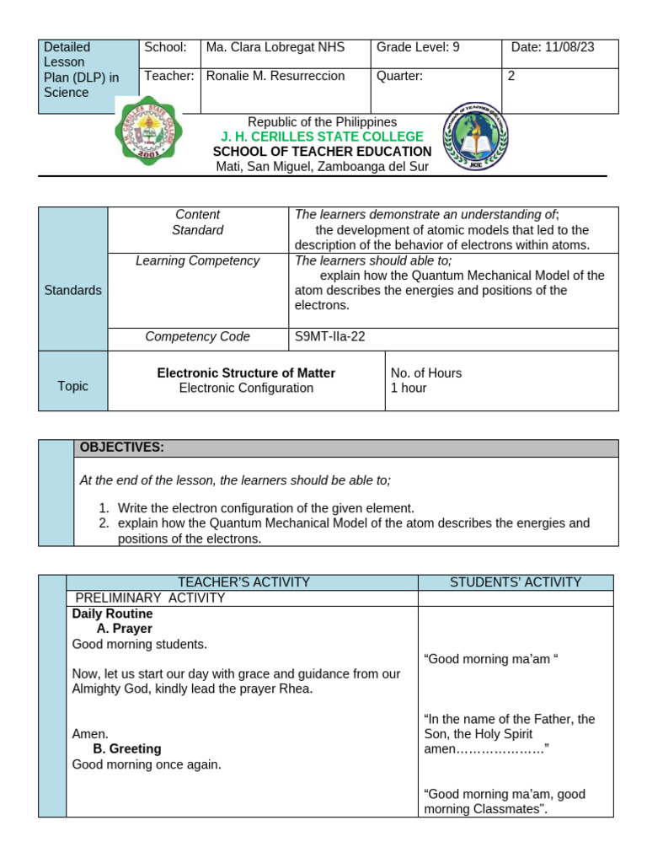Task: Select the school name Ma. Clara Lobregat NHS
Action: pyautogui.click(x=275, y=48)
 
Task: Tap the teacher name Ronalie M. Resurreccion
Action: pyautogui.click(x=275, y=77)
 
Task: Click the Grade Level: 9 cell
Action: pyautogui.click(x=418, y=48)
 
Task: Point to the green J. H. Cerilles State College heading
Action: pyautogui.click(x=322, y=137)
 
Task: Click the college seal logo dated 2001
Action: pyautogui.click(x=147, y=131)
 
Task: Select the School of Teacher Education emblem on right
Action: pyautogui.click(x=476, y=136)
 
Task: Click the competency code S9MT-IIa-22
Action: pyautogui.click(x=329, y=337)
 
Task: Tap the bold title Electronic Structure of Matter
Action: pyautogui.click(x=246, y=373)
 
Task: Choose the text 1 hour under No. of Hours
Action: pyautogui.click(x=409, y=389)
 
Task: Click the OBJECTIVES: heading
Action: pyautogui.click(x=121, y=448)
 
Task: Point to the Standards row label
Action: pyautogui.click(x=72, y=291)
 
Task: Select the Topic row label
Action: pyautogui.click(x=72, y=386)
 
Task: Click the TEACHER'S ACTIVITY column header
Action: pyautogui.click(x=243, y=582)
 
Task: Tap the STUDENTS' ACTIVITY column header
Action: pyautogui.click(x=515, y=582)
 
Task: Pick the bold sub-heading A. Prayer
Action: pyautogui.click(x=125, y=630)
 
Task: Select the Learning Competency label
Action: pyautogui.click(x=197, y=261)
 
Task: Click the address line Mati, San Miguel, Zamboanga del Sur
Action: pyautogui.click(x=322, y=167)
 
